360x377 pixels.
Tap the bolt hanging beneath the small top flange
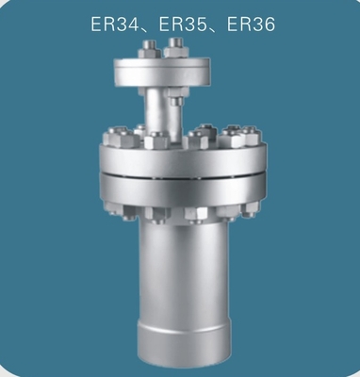coord(176,97)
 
